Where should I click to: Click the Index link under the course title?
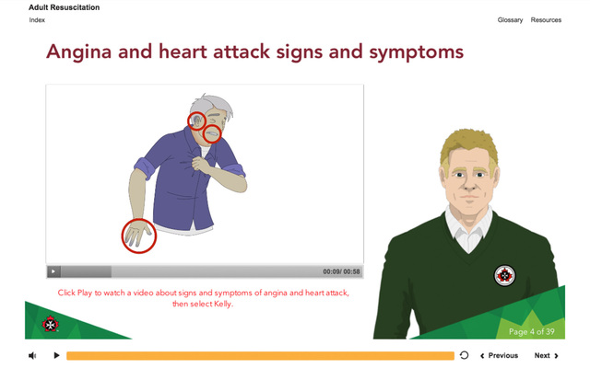37,20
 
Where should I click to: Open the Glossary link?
510,20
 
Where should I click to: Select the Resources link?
546,20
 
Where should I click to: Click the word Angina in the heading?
78,52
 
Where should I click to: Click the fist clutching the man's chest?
201,164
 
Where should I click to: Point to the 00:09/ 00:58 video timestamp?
341,271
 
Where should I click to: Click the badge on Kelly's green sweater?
504,275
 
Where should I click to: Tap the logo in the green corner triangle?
51,323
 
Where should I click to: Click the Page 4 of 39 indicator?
531,331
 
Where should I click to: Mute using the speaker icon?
32,355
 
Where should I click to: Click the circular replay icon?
464,355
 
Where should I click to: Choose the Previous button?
499,355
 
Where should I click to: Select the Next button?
546,355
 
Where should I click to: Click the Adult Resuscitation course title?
65,7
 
